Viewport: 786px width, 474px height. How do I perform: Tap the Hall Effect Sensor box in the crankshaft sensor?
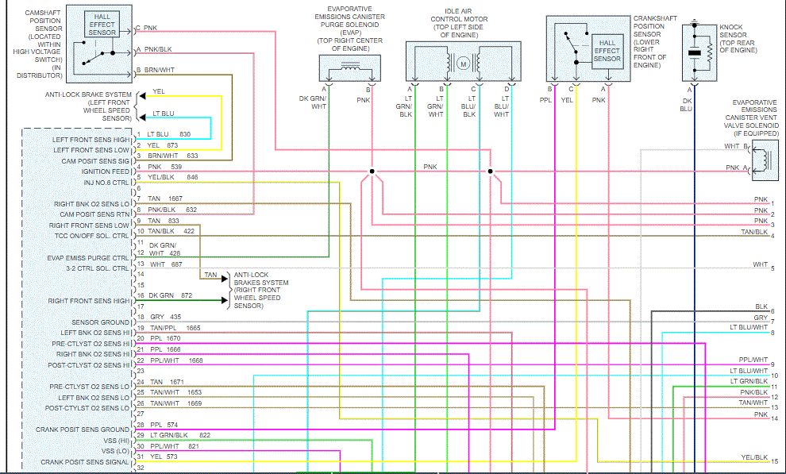pos(607,49)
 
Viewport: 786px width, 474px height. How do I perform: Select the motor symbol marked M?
pos(465,63)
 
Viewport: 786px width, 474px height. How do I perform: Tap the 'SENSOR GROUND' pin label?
pos(100,322)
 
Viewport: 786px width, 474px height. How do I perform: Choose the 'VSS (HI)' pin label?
pos(114,440)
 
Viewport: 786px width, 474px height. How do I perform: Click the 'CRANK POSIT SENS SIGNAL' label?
pos(85,461)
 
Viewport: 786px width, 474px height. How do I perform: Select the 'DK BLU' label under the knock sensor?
pos(686,104)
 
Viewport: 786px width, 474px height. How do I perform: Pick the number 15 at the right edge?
pos(773,461)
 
